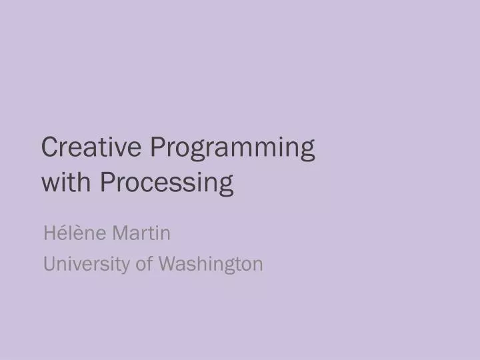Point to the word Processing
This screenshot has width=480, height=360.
pyautogui.click(x=167, y=183)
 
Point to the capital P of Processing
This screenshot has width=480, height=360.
pyautogui.click(x=107, y=182)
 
